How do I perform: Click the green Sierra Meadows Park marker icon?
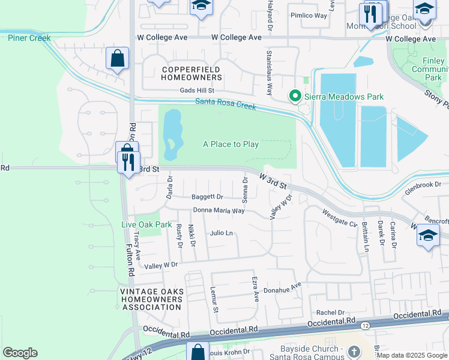(x=295, y=96)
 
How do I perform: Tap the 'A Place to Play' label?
(x=231, y=144)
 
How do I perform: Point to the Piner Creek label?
(x=29, y=38)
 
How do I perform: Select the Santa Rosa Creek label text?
(x=225, y=104)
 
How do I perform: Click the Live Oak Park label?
(x=146, y=224)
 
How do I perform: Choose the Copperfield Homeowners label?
(x=191, y=74)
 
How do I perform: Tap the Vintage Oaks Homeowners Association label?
(x=151, y=299)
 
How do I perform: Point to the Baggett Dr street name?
(x=207, y=197)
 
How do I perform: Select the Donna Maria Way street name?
(x=218, y=211)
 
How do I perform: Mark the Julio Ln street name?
(x=221, y=233)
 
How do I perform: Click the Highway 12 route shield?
(x=364, y=326)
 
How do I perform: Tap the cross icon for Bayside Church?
(x=354, y=351)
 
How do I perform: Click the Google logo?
(x=20, y=353)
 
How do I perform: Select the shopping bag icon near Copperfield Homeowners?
(x=117, y=59)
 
